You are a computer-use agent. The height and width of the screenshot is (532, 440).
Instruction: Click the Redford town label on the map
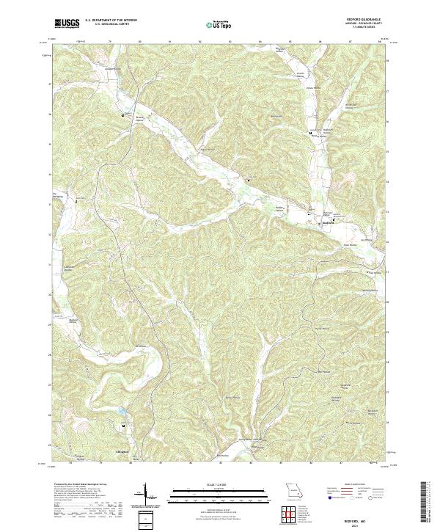tap(328, 225)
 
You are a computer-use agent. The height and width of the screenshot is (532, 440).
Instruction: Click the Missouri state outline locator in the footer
tap(293, 489)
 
